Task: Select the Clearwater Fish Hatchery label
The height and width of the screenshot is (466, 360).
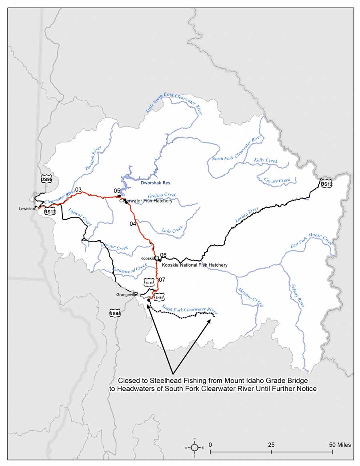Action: [146, 201]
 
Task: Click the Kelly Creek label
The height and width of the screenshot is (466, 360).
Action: [266, 161]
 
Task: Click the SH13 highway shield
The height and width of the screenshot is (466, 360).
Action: [149, 283]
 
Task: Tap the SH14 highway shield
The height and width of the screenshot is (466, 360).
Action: [159, 297]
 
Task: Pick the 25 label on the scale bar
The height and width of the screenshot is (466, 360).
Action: [271, 445]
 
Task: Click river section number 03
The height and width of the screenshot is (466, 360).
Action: [78, 190]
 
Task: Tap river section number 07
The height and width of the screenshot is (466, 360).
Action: [162, 280]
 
